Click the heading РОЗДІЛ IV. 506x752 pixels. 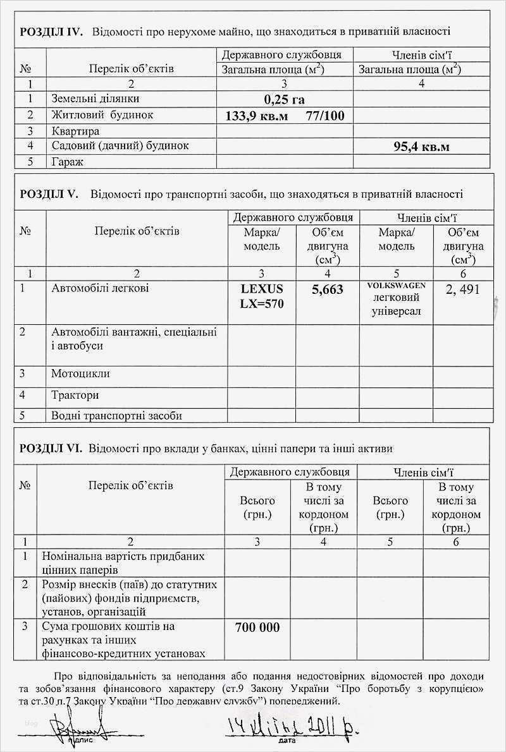tap(51, 31)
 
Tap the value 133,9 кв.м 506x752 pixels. tap(256, 116)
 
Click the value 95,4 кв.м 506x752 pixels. tap(421, 147)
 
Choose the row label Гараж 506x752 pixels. tap(68, 162)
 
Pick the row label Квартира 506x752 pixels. tap(75, 131)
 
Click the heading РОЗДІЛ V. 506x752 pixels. tap(49, 194)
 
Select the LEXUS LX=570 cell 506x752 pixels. tap(262, 296)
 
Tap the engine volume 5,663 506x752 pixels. tap(328, 289)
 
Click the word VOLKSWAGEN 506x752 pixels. tap(396, 286)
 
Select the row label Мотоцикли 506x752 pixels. tap(80, 373)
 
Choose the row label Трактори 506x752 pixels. tap(75, 395)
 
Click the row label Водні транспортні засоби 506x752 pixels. tap(116, 415)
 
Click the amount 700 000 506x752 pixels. tap(257, 628)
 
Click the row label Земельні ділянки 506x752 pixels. tap(95, 99)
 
